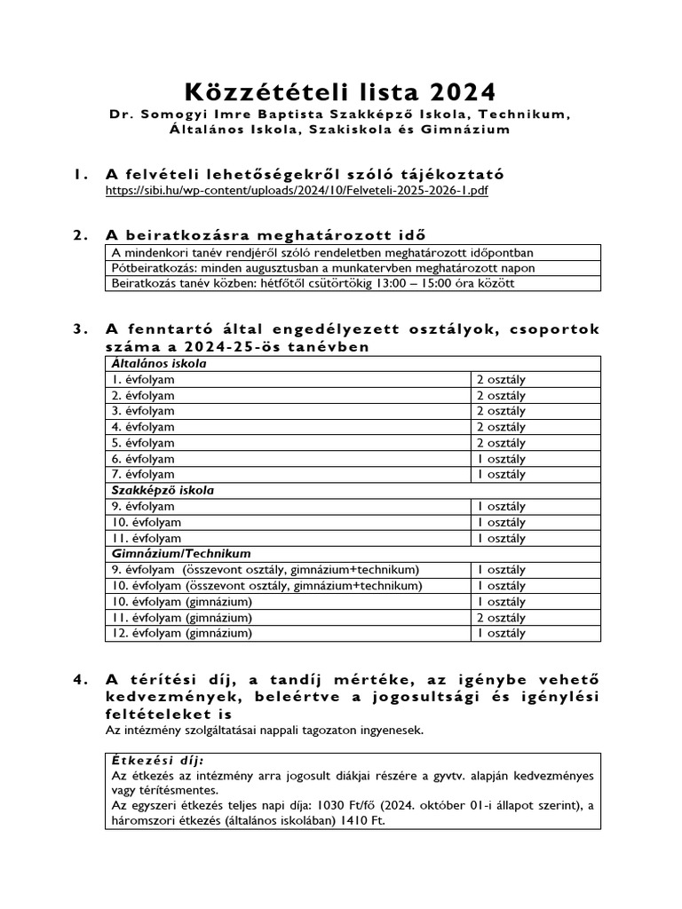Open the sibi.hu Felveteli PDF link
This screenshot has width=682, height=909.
297,191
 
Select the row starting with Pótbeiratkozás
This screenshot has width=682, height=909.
323,268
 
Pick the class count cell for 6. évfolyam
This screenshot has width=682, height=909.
502,459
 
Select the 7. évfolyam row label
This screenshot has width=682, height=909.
143,475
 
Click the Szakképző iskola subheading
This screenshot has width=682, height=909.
163,490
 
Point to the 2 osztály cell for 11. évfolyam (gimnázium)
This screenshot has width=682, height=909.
502,617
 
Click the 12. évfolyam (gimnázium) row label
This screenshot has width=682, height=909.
182,633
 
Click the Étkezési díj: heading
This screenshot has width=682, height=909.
156,761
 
